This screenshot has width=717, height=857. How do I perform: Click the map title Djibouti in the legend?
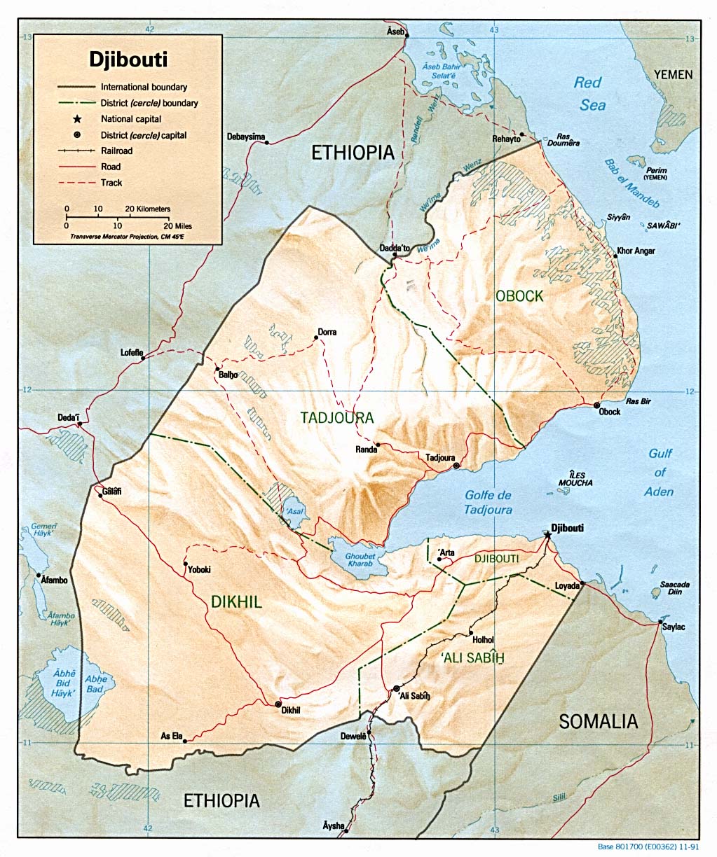pyautogui.click(x=128, y=59)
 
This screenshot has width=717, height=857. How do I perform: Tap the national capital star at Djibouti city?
pyautogui.click(x=547, y=535)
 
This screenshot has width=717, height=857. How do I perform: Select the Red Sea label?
pyautogui.click(x=589, y=94)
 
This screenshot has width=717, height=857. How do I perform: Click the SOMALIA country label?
pyautogui.click(x=598, y=722)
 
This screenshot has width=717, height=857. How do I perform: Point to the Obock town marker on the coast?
pyautogui.click(x=596, y=405)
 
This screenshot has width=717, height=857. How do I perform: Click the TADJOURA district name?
pyautogui.click(x=337, y=418)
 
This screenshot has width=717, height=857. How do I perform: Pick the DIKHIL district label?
pyautogui.click(x=236, y=601)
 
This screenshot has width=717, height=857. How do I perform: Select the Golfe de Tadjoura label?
pyautogui.click(x=488, y=503)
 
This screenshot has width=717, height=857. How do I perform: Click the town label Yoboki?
pyautogui.click(x=199, y=570)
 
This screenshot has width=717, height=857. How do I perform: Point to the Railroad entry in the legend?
pyautogui.click(x=116, y=151)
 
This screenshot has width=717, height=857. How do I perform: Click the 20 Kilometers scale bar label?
pyautogui.click(x=147, y=209)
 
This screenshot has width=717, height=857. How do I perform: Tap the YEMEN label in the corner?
pyautogui.click(x=673, y=74)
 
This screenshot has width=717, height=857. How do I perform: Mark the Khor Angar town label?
pyautogui.click(x=636, y=251)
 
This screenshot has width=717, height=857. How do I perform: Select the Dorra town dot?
pyautogui.click(x=316, y=337)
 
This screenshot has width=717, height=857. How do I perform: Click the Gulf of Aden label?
pyautogui.click(x=660, y=473)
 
